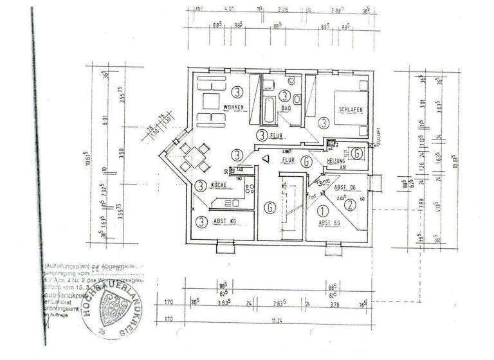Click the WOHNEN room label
tap(235, 107)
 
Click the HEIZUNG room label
tap(337, 160)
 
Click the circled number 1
tap(322, 206)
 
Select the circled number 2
tap(349, 206)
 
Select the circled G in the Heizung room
tap(356, 154)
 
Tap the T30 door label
tap(323, 183)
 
